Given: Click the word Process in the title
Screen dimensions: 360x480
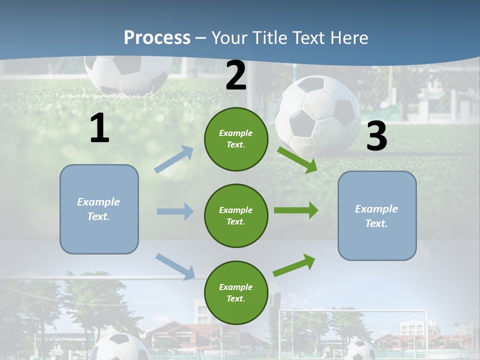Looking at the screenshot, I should point(157,38).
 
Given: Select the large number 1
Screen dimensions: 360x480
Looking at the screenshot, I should point(99,128).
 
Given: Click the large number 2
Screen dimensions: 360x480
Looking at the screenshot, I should point(236,75).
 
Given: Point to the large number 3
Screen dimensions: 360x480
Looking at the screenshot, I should point(376,136).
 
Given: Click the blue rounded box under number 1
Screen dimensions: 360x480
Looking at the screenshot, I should point(99,209).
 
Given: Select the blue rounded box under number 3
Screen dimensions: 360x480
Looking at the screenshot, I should point(377,215).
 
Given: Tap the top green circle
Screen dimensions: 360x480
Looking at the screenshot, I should point(236,139).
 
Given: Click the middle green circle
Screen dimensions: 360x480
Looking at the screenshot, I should point(236,215).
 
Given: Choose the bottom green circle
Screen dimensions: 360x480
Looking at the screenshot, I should point(236,292).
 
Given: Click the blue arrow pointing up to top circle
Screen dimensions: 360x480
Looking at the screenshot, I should point(174,159).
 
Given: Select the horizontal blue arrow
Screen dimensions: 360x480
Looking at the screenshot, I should point(175,211).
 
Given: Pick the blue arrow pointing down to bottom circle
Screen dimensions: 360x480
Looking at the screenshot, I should point(175,266).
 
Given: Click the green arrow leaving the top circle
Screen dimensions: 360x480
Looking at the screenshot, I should point(297,159).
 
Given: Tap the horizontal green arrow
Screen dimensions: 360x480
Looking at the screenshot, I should point(295,210).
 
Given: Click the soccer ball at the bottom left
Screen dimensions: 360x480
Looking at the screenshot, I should point(120,347).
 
